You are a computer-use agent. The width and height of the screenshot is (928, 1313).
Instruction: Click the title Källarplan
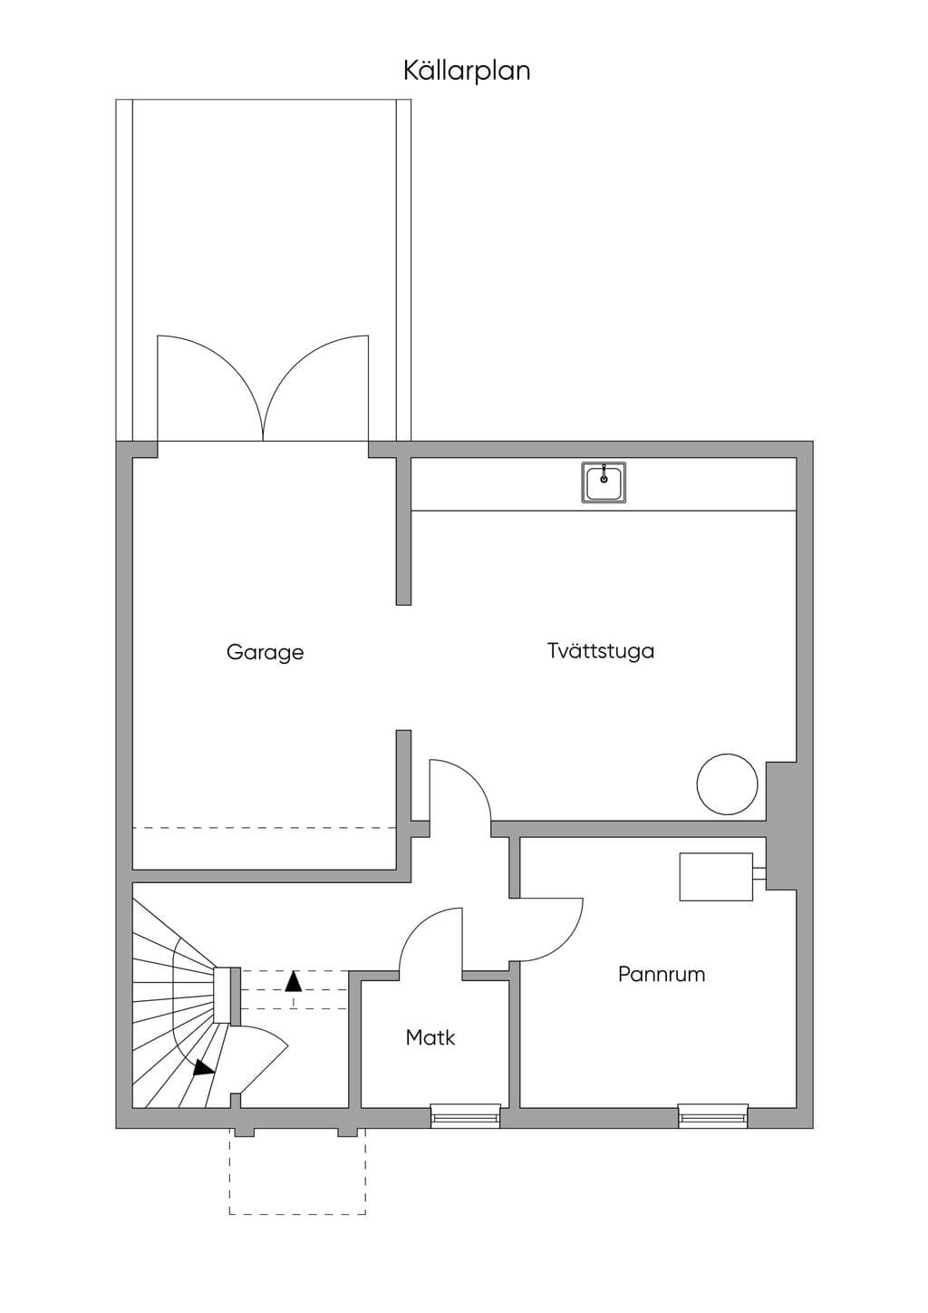pyautogui.click(x=467, y=71)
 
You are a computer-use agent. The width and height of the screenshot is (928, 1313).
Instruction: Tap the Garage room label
pyautogui.click(x=265, y=652)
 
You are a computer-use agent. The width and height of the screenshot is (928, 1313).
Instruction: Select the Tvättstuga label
pyautogui.click(x=601, y=651)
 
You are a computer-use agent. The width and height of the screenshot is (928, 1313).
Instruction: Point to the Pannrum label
pyautogui.click(x=662, y=975)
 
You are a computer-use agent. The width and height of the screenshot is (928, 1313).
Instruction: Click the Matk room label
pyautogui.click(x=430, y=1038)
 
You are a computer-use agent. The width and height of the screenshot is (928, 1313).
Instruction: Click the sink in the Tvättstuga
pyautogui.click(x=604, y=482)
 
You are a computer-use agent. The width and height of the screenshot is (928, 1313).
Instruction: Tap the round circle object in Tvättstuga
pyautogui.click(x=727, y=784)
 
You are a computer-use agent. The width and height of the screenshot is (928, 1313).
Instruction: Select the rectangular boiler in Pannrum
pyautogui.click(x=716, y=877)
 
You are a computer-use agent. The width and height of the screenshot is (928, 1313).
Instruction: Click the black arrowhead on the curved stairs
pyautogui.click(x=204, y=1067)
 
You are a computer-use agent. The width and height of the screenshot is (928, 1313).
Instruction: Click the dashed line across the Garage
pyautogui.click(x=265, y=828)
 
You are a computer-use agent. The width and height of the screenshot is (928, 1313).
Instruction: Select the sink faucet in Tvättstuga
pyautogui.click(x=604, y=475)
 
